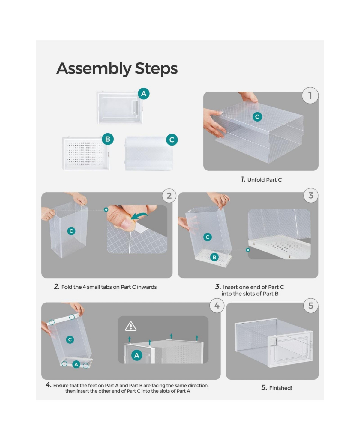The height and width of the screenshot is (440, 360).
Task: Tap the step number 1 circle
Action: pyautogui.click(x=310, y=95)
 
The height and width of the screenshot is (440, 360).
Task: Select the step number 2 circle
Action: pyautogui.click(x=169, y=196)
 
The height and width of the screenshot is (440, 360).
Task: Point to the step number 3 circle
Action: pyautogui.click(x=311, y=195)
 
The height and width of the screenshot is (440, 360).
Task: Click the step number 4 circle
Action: pyautogui.click(x=217, y=306)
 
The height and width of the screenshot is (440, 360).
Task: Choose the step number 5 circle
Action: pyautogui.click(x=311, y=306)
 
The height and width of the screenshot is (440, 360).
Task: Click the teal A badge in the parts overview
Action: pyautogui.click(x=144, y=94)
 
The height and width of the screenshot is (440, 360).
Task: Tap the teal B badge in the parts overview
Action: pyautogui.click(x=108, y=139)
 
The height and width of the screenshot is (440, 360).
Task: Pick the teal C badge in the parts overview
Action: pyautogui.click(x=172, y=140)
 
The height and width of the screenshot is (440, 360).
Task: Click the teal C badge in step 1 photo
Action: pyautogui.click(x=257, y=116)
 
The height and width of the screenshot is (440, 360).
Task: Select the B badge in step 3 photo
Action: pyautogui.click(x=214, y=257)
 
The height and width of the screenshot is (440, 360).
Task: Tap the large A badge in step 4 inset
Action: pyautogui.click(x=137, y=355)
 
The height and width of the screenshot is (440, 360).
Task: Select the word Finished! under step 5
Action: pyautogui.click(x=280, y=388)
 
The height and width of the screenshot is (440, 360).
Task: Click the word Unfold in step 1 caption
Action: pyautogui.click(x=256, y=180)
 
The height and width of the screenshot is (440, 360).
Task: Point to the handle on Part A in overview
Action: pyautogui.click(x=136, y=107)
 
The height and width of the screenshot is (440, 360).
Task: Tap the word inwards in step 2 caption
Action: pyautogui.click(x=147, y=287)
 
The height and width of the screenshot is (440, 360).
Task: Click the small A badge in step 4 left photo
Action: pyautogui.click(x=76, y=364)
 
